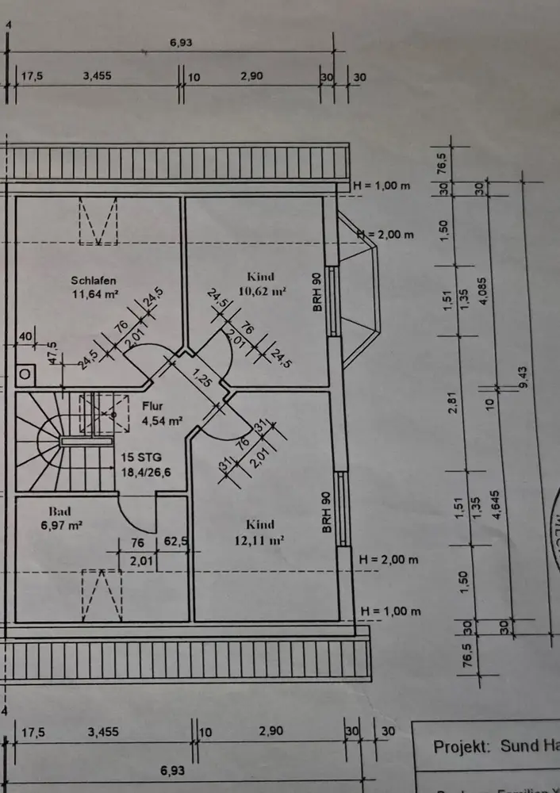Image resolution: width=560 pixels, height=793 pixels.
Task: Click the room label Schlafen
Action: coord(94,280)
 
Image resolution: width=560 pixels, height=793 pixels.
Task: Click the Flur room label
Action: coord(152,406)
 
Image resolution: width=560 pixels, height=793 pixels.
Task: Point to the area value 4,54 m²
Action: coord(163,420)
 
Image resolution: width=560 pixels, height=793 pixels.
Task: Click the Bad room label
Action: coord(59,511)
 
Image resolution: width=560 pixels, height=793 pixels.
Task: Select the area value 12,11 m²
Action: coord(260,539)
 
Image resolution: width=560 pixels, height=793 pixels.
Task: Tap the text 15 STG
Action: coord(141,458)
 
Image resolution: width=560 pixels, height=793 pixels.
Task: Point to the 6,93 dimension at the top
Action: coord(181,43)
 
